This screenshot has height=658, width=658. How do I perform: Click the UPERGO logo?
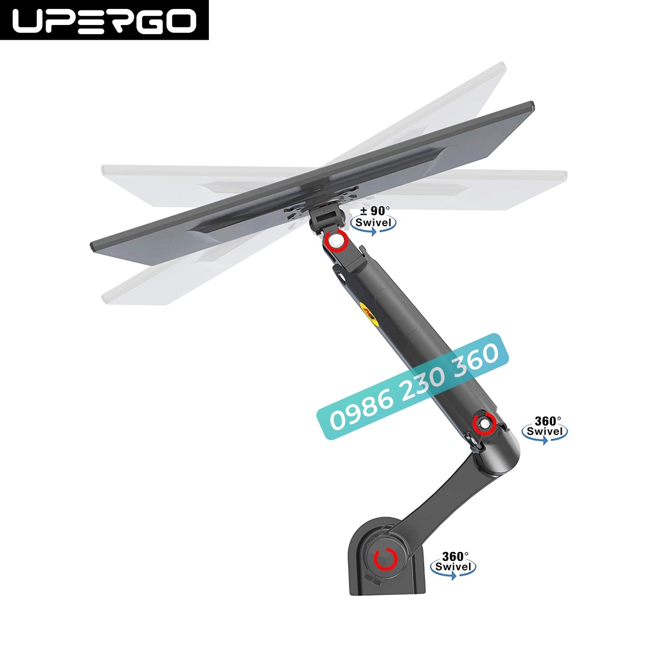[x=104, y=21]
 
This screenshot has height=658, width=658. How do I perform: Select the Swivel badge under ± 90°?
[x=374, y=223]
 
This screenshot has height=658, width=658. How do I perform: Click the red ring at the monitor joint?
[x=335, y=242]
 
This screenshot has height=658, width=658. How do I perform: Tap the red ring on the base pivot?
[x=385, y=558]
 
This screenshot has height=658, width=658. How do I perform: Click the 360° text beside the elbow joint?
[x=547, y=421]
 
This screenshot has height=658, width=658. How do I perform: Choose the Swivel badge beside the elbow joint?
[x=545, y=432]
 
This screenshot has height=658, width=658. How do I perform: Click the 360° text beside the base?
[x=455, y=555]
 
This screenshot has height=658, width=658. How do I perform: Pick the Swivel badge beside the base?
[x=454, y=567]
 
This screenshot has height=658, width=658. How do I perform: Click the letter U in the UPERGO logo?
[x=30, y=21]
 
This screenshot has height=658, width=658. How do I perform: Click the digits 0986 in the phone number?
[x=355, y=413]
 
